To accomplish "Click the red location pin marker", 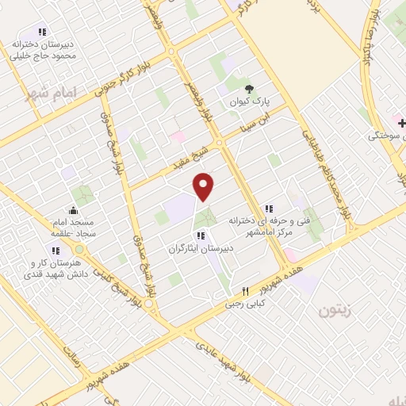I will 205,186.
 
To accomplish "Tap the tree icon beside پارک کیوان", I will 251,88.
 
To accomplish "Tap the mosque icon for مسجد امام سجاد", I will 74,211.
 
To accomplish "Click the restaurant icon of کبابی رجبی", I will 245,291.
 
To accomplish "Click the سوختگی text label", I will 386,136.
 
